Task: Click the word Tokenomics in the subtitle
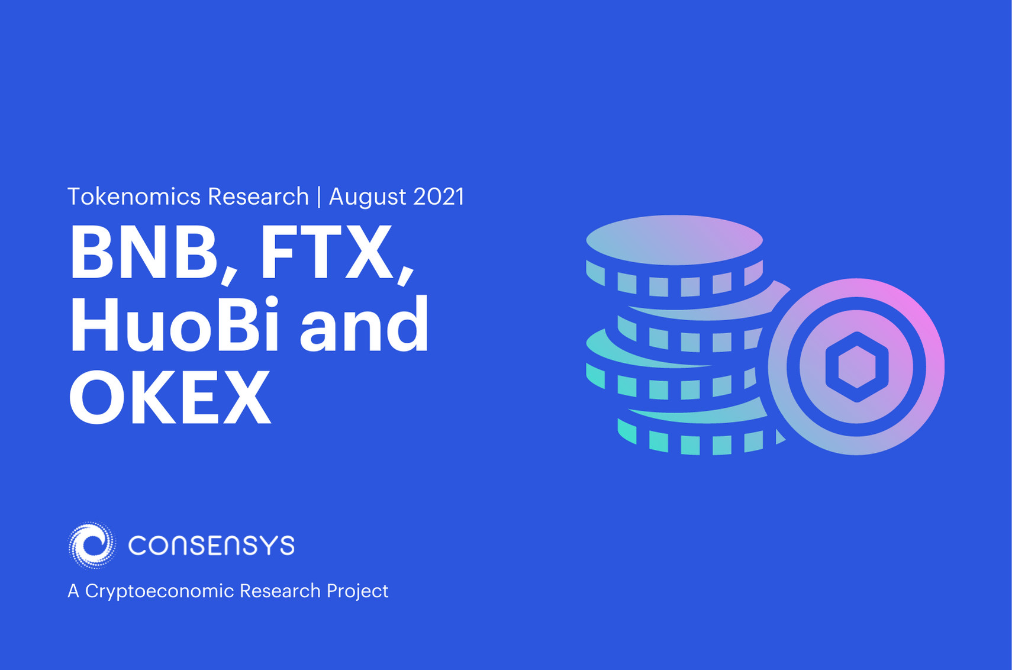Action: [x=134, y=197]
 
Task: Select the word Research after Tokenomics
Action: [x=258, y=197]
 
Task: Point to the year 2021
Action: [x=439, y=197]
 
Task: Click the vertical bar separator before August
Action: [x=319, y=197]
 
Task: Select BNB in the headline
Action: [x=144, y=253]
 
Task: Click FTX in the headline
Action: [x=326, y=253]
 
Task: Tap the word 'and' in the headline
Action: [x=364, y=326]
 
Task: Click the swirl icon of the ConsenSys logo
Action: [x=92, y=545]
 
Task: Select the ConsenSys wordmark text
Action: [x=211, y=545]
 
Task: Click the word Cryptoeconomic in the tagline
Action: [x=159, y=591]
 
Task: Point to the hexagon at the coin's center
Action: [x=856, y=367]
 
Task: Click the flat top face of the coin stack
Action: [x=674, y=240]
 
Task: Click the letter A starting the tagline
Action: [x=73, y=591]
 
